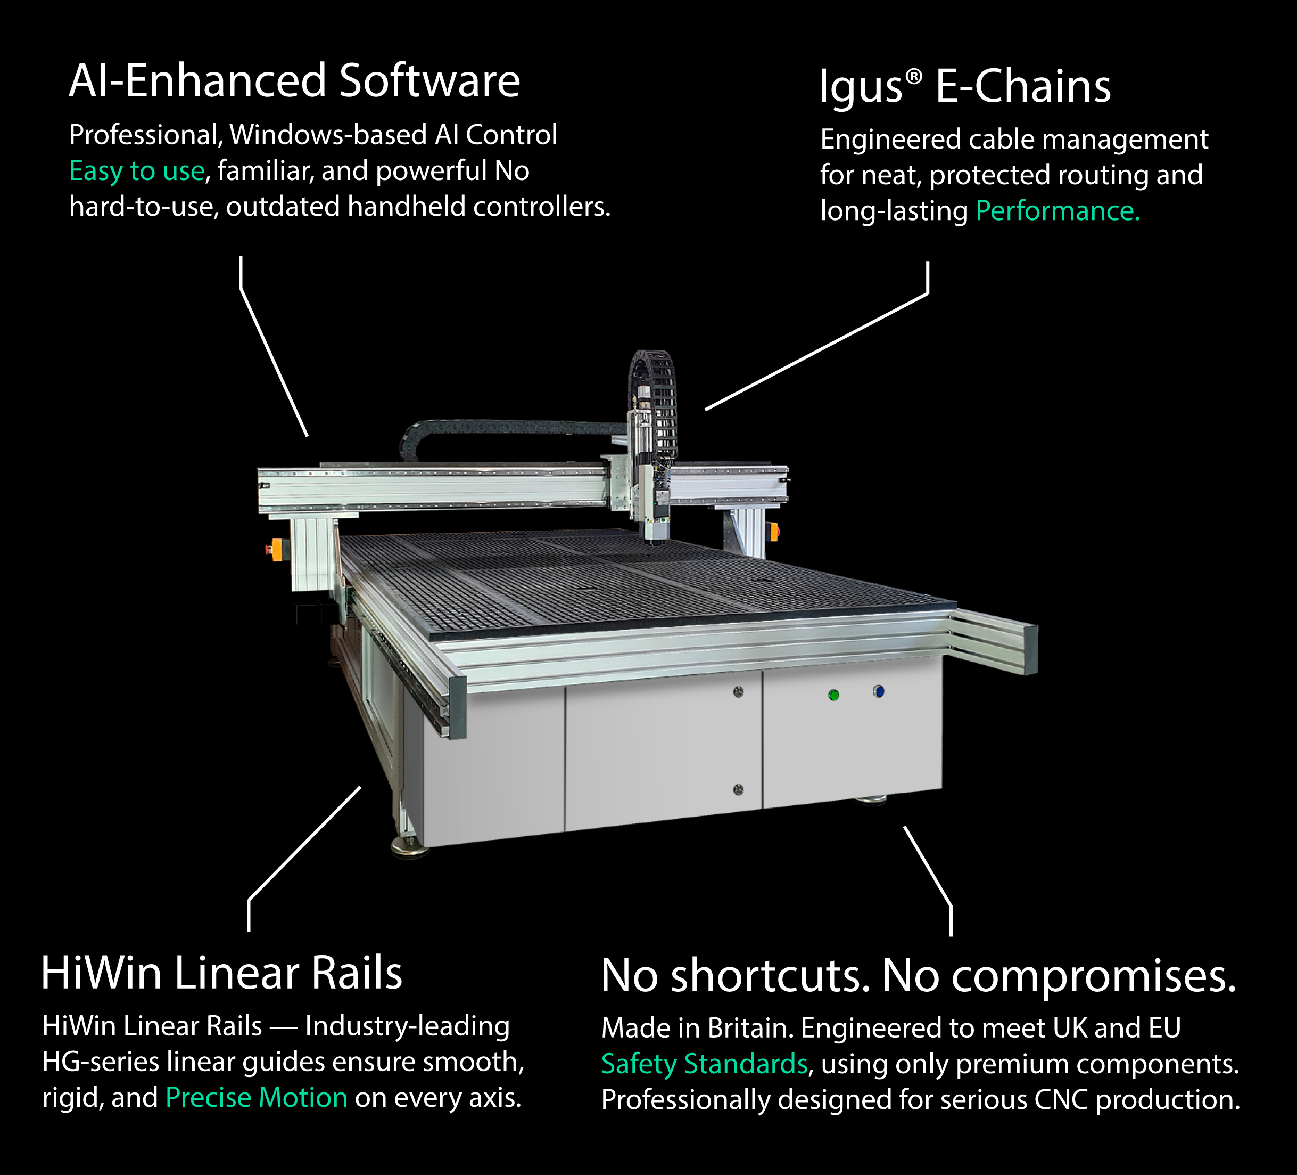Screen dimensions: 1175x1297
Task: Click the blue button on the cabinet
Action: coord(878,691)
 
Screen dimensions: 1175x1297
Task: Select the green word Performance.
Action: coord(1057,211)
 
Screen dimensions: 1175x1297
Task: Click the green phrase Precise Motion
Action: coord(256,1097)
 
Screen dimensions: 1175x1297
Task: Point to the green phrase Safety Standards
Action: coord(704,1064)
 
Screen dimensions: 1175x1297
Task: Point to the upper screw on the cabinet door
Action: coord(738,692)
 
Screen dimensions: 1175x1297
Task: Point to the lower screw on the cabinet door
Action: coord(738,789)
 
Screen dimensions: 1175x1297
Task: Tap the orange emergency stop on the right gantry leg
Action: coord(773,532)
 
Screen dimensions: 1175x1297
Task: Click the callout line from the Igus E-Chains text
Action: coord(817,351)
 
